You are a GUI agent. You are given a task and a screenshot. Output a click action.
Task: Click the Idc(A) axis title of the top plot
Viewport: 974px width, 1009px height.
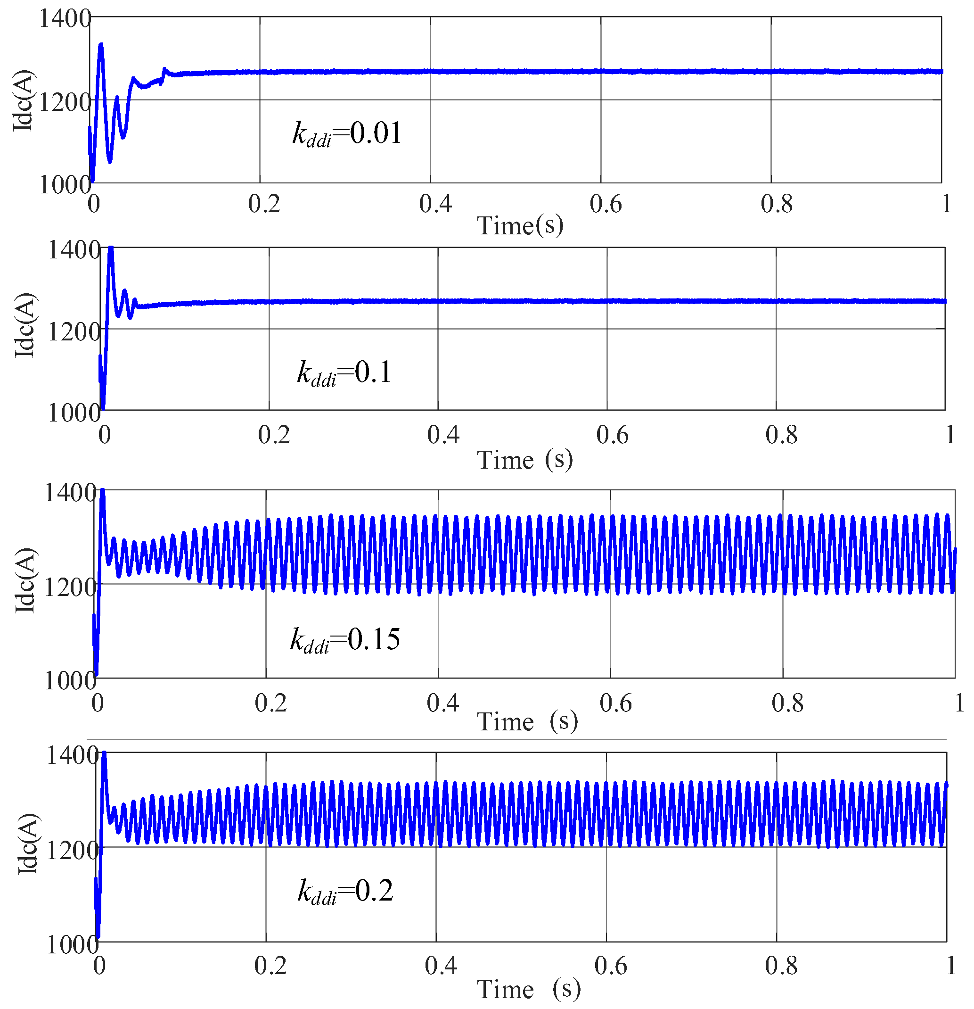(x=23, y=100)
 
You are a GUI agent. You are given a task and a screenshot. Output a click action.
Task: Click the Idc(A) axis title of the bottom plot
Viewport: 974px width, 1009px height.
(x=27, y=844)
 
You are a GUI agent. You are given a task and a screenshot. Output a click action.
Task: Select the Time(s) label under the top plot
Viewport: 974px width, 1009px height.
(x=520, y=225)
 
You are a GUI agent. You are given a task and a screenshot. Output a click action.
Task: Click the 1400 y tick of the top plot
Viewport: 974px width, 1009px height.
(x=64, y=18)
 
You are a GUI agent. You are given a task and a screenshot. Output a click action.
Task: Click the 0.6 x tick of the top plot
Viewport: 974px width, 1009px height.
(x=605, y=204)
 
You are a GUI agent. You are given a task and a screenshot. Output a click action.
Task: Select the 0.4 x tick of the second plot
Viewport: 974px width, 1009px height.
(x=442, y=435)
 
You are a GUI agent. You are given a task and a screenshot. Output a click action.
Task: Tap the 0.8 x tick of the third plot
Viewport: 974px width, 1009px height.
(x=787, y=703)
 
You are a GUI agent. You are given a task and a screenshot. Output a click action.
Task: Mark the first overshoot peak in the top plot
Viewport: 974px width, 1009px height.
(x=101, y=45)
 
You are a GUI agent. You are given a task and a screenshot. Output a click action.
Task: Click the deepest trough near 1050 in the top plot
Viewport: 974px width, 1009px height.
(x=110, y=161)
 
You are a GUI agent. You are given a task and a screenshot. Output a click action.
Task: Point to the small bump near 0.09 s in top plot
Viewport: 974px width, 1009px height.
(x=164, y=69)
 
